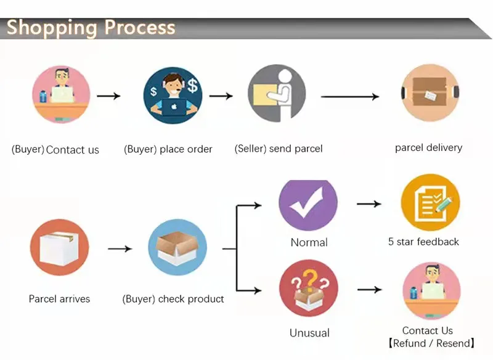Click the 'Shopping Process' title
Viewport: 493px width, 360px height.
[x=91, y=28]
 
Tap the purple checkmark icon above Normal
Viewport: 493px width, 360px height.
[x=308, y=204]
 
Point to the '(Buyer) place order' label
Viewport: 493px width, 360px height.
[x=168, y=149]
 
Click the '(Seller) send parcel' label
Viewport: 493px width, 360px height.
[x=279, y=149]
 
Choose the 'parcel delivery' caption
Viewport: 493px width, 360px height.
[x=428, y=148]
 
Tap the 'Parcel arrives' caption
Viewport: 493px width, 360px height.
[x=59, y=299]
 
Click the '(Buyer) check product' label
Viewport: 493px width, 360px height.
[x=173, y=299]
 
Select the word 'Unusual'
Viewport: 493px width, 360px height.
[x=309, y=333]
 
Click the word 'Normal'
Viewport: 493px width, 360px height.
[x=309, y=242]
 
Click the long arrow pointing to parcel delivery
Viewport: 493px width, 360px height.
[x=349, y=97]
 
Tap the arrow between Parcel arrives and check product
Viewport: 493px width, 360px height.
[x=120, y=249]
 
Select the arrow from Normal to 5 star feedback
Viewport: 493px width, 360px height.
[x=369, y=204]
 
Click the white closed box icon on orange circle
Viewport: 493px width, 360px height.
[x=59, y=248]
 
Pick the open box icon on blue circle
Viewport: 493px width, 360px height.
[x=177, y=248]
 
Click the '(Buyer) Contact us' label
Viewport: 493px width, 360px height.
[x=55, y=150]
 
